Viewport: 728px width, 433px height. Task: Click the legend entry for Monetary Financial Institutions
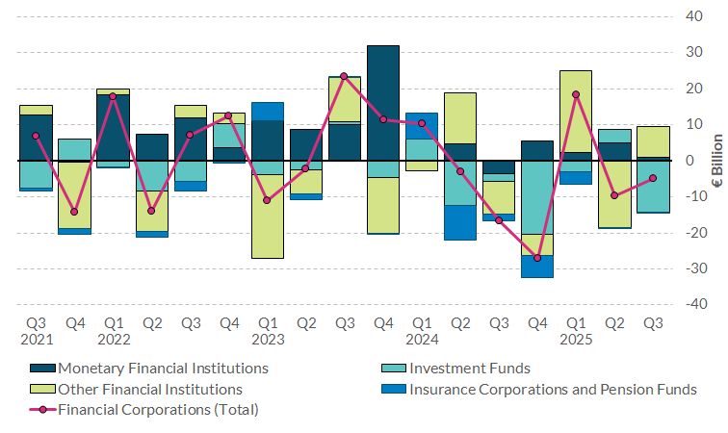click(x=163, y=368)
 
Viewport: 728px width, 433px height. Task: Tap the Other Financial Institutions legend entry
click(x=149, y=389)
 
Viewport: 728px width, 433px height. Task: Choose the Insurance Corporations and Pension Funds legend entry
click(x=553, y=389)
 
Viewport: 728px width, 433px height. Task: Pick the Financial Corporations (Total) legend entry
click(x=158, y=410)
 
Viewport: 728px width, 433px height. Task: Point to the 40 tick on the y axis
click(x=692, y=16)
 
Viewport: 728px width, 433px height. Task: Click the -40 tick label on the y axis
click(x=690, y=304)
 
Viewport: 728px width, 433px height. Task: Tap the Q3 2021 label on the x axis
click(x=36, y=332)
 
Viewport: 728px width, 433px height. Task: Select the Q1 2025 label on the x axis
click(x=576, y=332)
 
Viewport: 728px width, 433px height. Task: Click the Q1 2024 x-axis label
click(x=421, y=332)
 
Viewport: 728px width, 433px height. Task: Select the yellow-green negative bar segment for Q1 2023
click(x=267, y=216)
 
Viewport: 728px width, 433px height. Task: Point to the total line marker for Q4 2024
click(x=537, y=258)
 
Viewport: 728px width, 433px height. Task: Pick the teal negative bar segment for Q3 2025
click(x=653, y=187)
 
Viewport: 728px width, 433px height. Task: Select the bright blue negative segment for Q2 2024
click(x=460, y=222)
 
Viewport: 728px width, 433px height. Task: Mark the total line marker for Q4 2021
click(x=74, y=212)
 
